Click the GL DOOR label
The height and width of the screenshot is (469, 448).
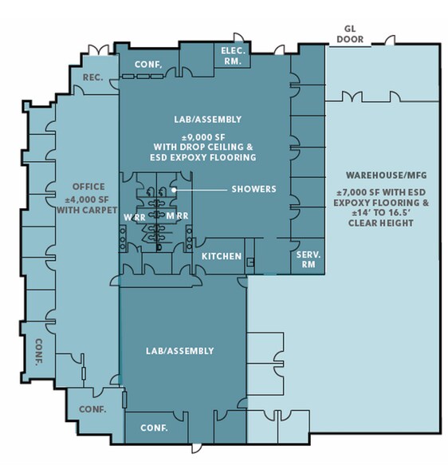pyautogui.click(x=350, y=34)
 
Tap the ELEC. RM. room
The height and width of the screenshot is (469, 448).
pyautogui.click(x=233, y=56)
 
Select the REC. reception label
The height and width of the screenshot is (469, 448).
pyautogui.click(x=93, y=77)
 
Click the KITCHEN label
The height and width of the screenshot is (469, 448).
pyautogui.click(x=222, y=256)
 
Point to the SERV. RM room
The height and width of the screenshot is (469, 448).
pyautogui.click(x=308, y=260)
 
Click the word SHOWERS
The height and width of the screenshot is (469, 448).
pyautogui.click(x=254, y=189)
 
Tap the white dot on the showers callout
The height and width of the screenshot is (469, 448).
pyautogui.click(x=174, y=190)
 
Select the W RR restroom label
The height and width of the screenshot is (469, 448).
pyautogui.click(x=135, y=218)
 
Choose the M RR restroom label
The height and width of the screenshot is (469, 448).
pyautogui.click(x=177, y=215)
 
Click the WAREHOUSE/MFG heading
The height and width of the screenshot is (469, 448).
pyautogui.click(x=387, y=175)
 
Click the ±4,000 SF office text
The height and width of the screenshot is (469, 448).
pyautogui.click(x=87, y=199)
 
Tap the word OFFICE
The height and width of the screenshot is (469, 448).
pyautogui.click(x=88, y=187)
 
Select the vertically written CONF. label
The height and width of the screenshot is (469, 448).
pyautogui.click(x=39, y=353)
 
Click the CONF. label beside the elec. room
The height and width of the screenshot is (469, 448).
pyautogui.click(x=148, y=65)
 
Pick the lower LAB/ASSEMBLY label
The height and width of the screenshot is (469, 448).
pyautogui.click(x=180, y=351)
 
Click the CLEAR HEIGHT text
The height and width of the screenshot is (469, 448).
pyautogui.click(x=381, y=223)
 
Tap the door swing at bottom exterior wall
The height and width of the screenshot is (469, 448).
pyautogui.click(x=197, y=448)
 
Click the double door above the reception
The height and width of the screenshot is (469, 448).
pyautogui.click(x=99, y=50)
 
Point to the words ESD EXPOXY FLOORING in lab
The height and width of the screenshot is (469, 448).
pyautogui.click(x=203, y=158)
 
